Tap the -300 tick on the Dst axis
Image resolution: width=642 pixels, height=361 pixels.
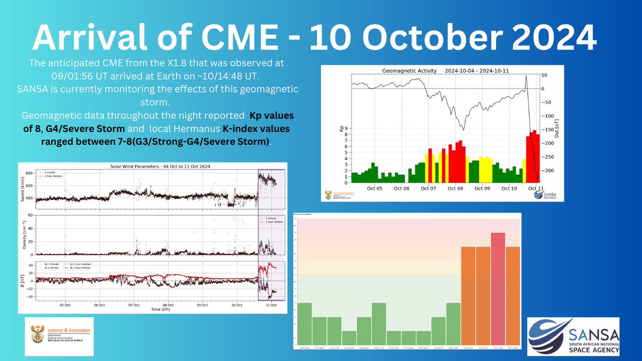coord(548,171)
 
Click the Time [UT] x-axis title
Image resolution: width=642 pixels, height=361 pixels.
coord(160,309)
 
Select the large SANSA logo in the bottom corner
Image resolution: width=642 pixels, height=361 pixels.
coord(574,335)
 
